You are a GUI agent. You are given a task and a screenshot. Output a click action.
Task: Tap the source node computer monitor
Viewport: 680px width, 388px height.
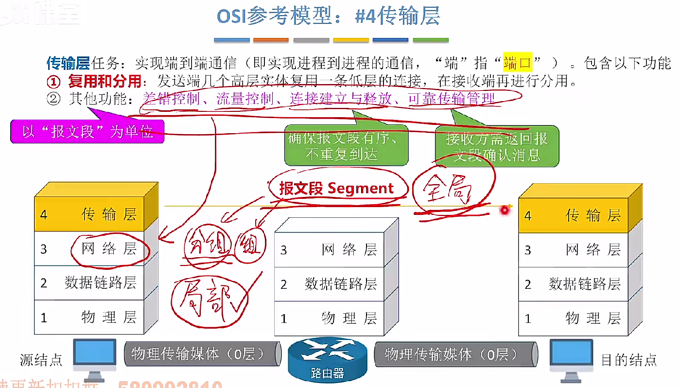point(94,355)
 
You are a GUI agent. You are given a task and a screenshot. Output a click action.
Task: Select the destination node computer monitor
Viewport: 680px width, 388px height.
point(572,355)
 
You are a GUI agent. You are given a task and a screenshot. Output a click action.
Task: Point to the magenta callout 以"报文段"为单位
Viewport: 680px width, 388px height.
point(87,132)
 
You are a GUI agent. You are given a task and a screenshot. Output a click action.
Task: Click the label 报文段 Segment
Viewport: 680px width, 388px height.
point(336,189)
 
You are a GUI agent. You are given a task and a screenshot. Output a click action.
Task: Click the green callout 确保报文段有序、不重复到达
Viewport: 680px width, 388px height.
point(346,146)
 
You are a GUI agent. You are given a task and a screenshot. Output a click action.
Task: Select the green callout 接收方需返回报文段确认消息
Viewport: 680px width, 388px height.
point(496,146)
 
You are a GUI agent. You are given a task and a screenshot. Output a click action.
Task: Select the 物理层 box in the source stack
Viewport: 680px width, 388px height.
point(89,317)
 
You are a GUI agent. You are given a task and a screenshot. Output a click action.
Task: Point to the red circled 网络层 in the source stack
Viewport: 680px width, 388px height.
point(109,249)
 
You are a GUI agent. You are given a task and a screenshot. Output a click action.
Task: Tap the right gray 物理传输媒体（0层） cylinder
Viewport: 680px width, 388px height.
point(454,354)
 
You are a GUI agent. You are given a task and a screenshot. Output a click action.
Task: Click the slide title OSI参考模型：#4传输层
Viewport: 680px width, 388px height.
point(328,17)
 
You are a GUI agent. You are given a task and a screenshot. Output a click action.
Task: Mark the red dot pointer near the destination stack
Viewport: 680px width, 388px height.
point(505,210)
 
